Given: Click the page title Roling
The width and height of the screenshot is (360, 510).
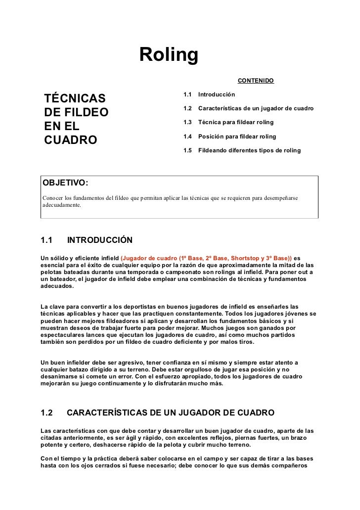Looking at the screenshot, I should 169,55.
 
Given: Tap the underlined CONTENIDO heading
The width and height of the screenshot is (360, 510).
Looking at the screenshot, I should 256,80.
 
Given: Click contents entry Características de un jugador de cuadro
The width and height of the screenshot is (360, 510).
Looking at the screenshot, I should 255,108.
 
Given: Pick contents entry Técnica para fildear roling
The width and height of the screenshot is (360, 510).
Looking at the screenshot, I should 235,122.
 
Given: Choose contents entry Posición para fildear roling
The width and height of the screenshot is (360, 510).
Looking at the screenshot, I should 237,136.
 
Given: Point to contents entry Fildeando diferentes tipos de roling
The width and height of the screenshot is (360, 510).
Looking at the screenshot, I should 249,150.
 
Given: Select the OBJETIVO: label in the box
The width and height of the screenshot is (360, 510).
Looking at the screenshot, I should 66,183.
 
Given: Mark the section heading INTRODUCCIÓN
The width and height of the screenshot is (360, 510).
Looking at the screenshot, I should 99,241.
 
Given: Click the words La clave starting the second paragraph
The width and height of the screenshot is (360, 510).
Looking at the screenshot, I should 51,307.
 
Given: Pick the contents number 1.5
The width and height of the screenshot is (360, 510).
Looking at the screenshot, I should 187,150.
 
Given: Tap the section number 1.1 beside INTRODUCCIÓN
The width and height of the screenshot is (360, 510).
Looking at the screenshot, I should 46,241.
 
